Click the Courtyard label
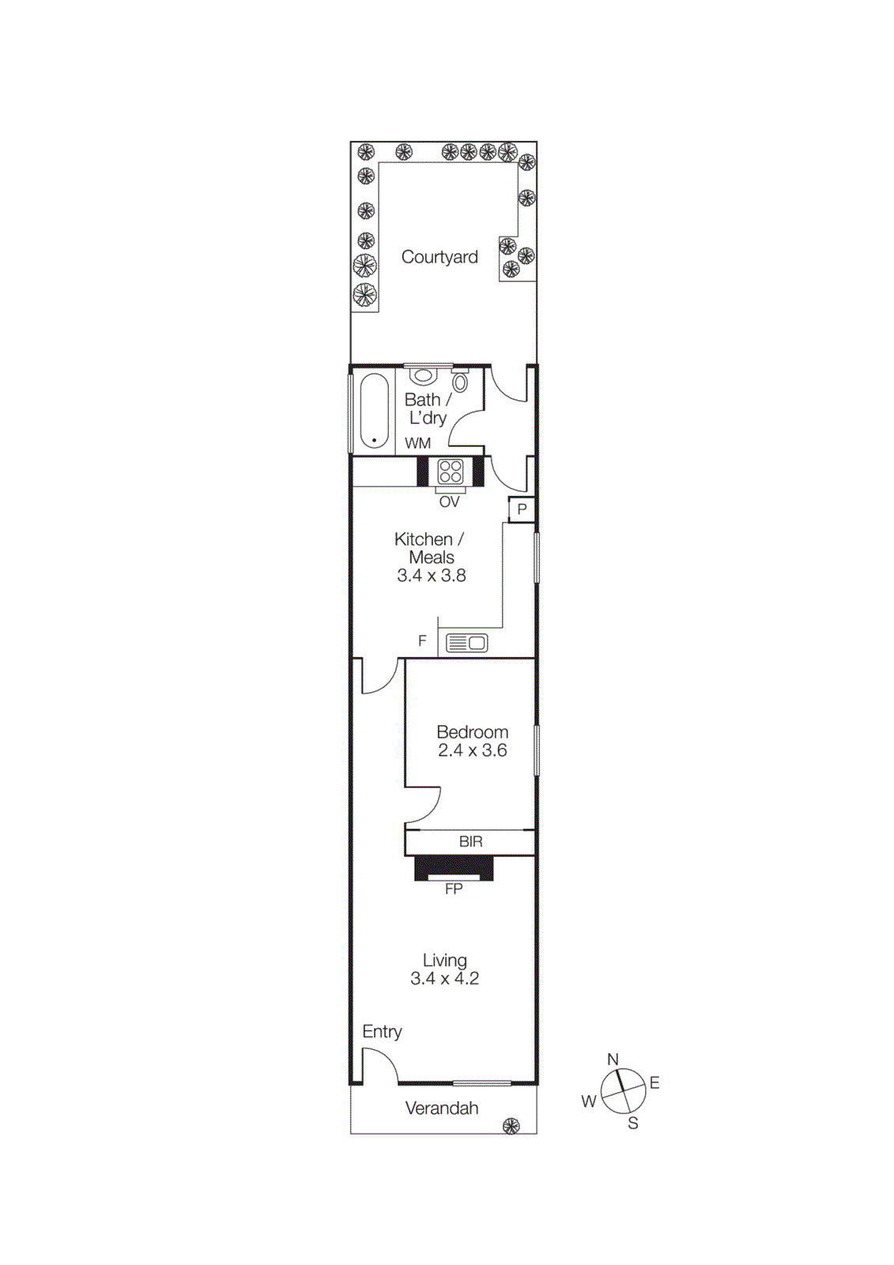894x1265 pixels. point(439,257)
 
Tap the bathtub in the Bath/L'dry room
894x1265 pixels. point(374,411)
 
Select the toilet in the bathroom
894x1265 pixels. point(424,375)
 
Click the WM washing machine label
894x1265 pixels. point(417,444)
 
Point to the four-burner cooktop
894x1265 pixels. point(451,471)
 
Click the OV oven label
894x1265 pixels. point(449,502)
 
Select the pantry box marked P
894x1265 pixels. point(522,509)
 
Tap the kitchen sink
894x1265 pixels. point(466,643)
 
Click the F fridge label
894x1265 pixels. point(422,640)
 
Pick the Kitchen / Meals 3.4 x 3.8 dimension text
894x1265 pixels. point(431,576)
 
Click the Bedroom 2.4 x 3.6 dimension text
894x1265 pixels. point(472,750)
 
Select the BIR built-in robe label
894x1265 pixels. point(470,842)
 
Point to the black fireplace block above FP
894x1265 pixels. point(454,866)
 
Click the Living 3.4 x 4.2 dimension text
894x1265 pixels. point(444,979)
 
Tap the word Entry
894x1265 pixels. point(382,1032)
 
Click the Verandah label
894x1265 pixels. point(442,1108)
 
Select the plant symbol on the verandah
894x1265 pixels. point(511,1126)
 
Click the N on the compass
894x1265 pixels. point(613,1059)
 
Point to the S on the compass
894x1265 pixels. point(632,1123)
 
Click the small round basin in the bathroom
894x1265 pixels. point(460,383)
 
